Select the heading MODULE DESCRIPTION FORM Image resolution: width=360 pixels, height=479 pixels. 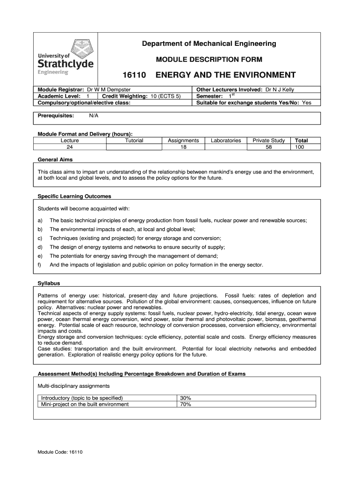point(209,59)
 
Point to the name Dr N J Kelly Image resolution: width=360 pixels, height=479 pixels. point(280,89)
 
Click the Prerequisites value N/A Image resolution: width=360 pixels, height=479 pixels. point(94,115)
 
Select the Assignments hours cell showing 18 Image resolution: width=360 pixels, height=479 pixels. point(183,147)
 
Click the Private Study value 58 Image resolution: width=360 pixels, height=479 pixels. point(268,147)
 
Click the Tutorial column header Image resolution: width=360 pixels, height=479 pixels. point(134,140)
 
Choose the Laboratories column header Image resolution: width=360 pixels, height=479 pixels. point(226,140)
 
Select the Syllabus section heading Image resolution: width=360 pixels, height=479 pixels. point(49,283)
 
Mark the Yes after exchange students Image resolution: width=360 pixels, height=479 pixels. point(307,102)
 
